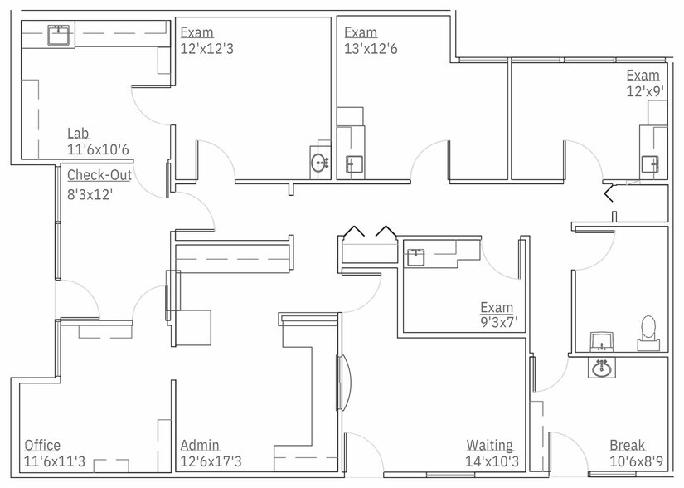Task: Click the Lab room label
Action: [78, 133]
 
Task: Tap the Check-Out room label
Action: [99, 175]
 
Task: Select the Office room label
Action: [42, 445]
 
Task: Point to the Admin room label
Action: [201, 445]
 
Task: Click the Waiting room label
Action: [490, 445]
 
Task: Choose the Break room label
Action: [628, 445]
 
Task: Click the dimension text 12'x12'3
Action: [206, 48]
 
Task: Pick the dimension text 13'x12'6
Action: [371, 48]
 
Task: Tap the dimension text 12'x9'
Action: [645, 91]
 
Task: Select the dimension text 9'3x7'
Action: [498, 323]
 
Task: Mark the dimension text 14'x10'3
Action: [492, 461]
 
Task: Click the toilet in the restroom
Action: [648, 333]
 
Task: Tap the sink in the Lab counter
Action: [59, 35]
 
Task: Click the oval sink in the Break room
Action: [602, 368]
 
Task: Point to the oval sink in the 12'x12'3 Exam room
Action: [319, 163]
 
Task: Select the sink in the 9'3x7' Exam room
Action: [415, 256]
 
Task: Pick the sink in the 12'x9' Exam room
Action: [650, 164]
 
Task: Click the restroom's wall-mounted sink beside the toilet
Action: [602, 341]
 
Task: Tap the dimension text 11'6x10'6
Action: [98, 149]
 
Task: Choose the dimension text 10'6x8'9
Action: [636, 461]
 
